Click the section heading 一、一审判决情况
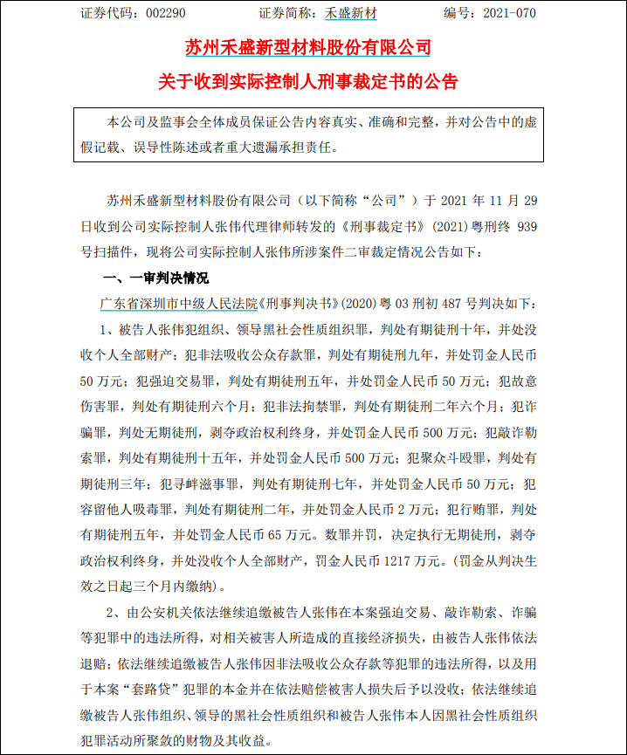[156, 278]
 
